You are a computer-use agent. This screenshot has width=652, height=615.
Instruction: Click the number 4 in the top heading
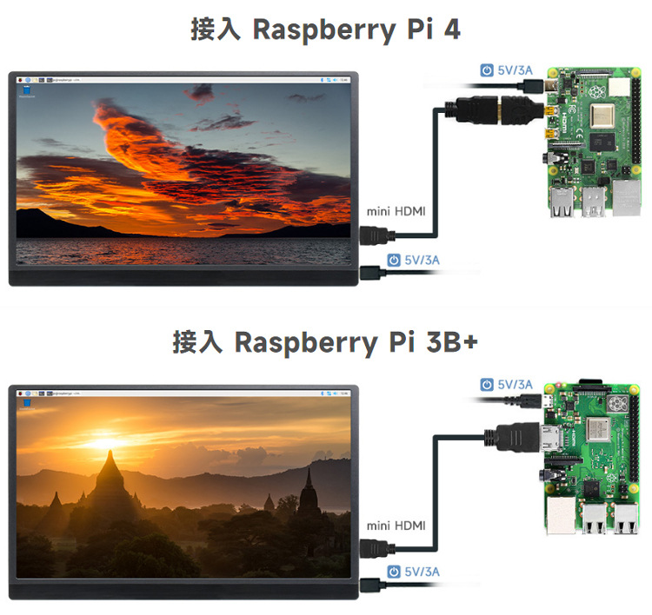tap(451, 30)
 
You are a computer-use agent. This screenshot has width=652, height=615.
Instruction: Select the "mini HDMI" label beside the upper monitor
tap(396, 211)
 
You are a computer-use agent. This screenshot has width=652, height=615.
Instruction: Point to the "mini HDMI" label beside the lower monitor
tap(396, 526)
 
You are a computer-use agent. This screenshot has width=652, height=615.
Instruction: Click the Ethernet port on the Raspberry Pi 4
tap(625, 199)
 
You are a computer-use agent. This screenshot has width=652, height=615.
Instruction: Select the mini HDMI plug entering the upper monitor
tap(376, 234)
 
